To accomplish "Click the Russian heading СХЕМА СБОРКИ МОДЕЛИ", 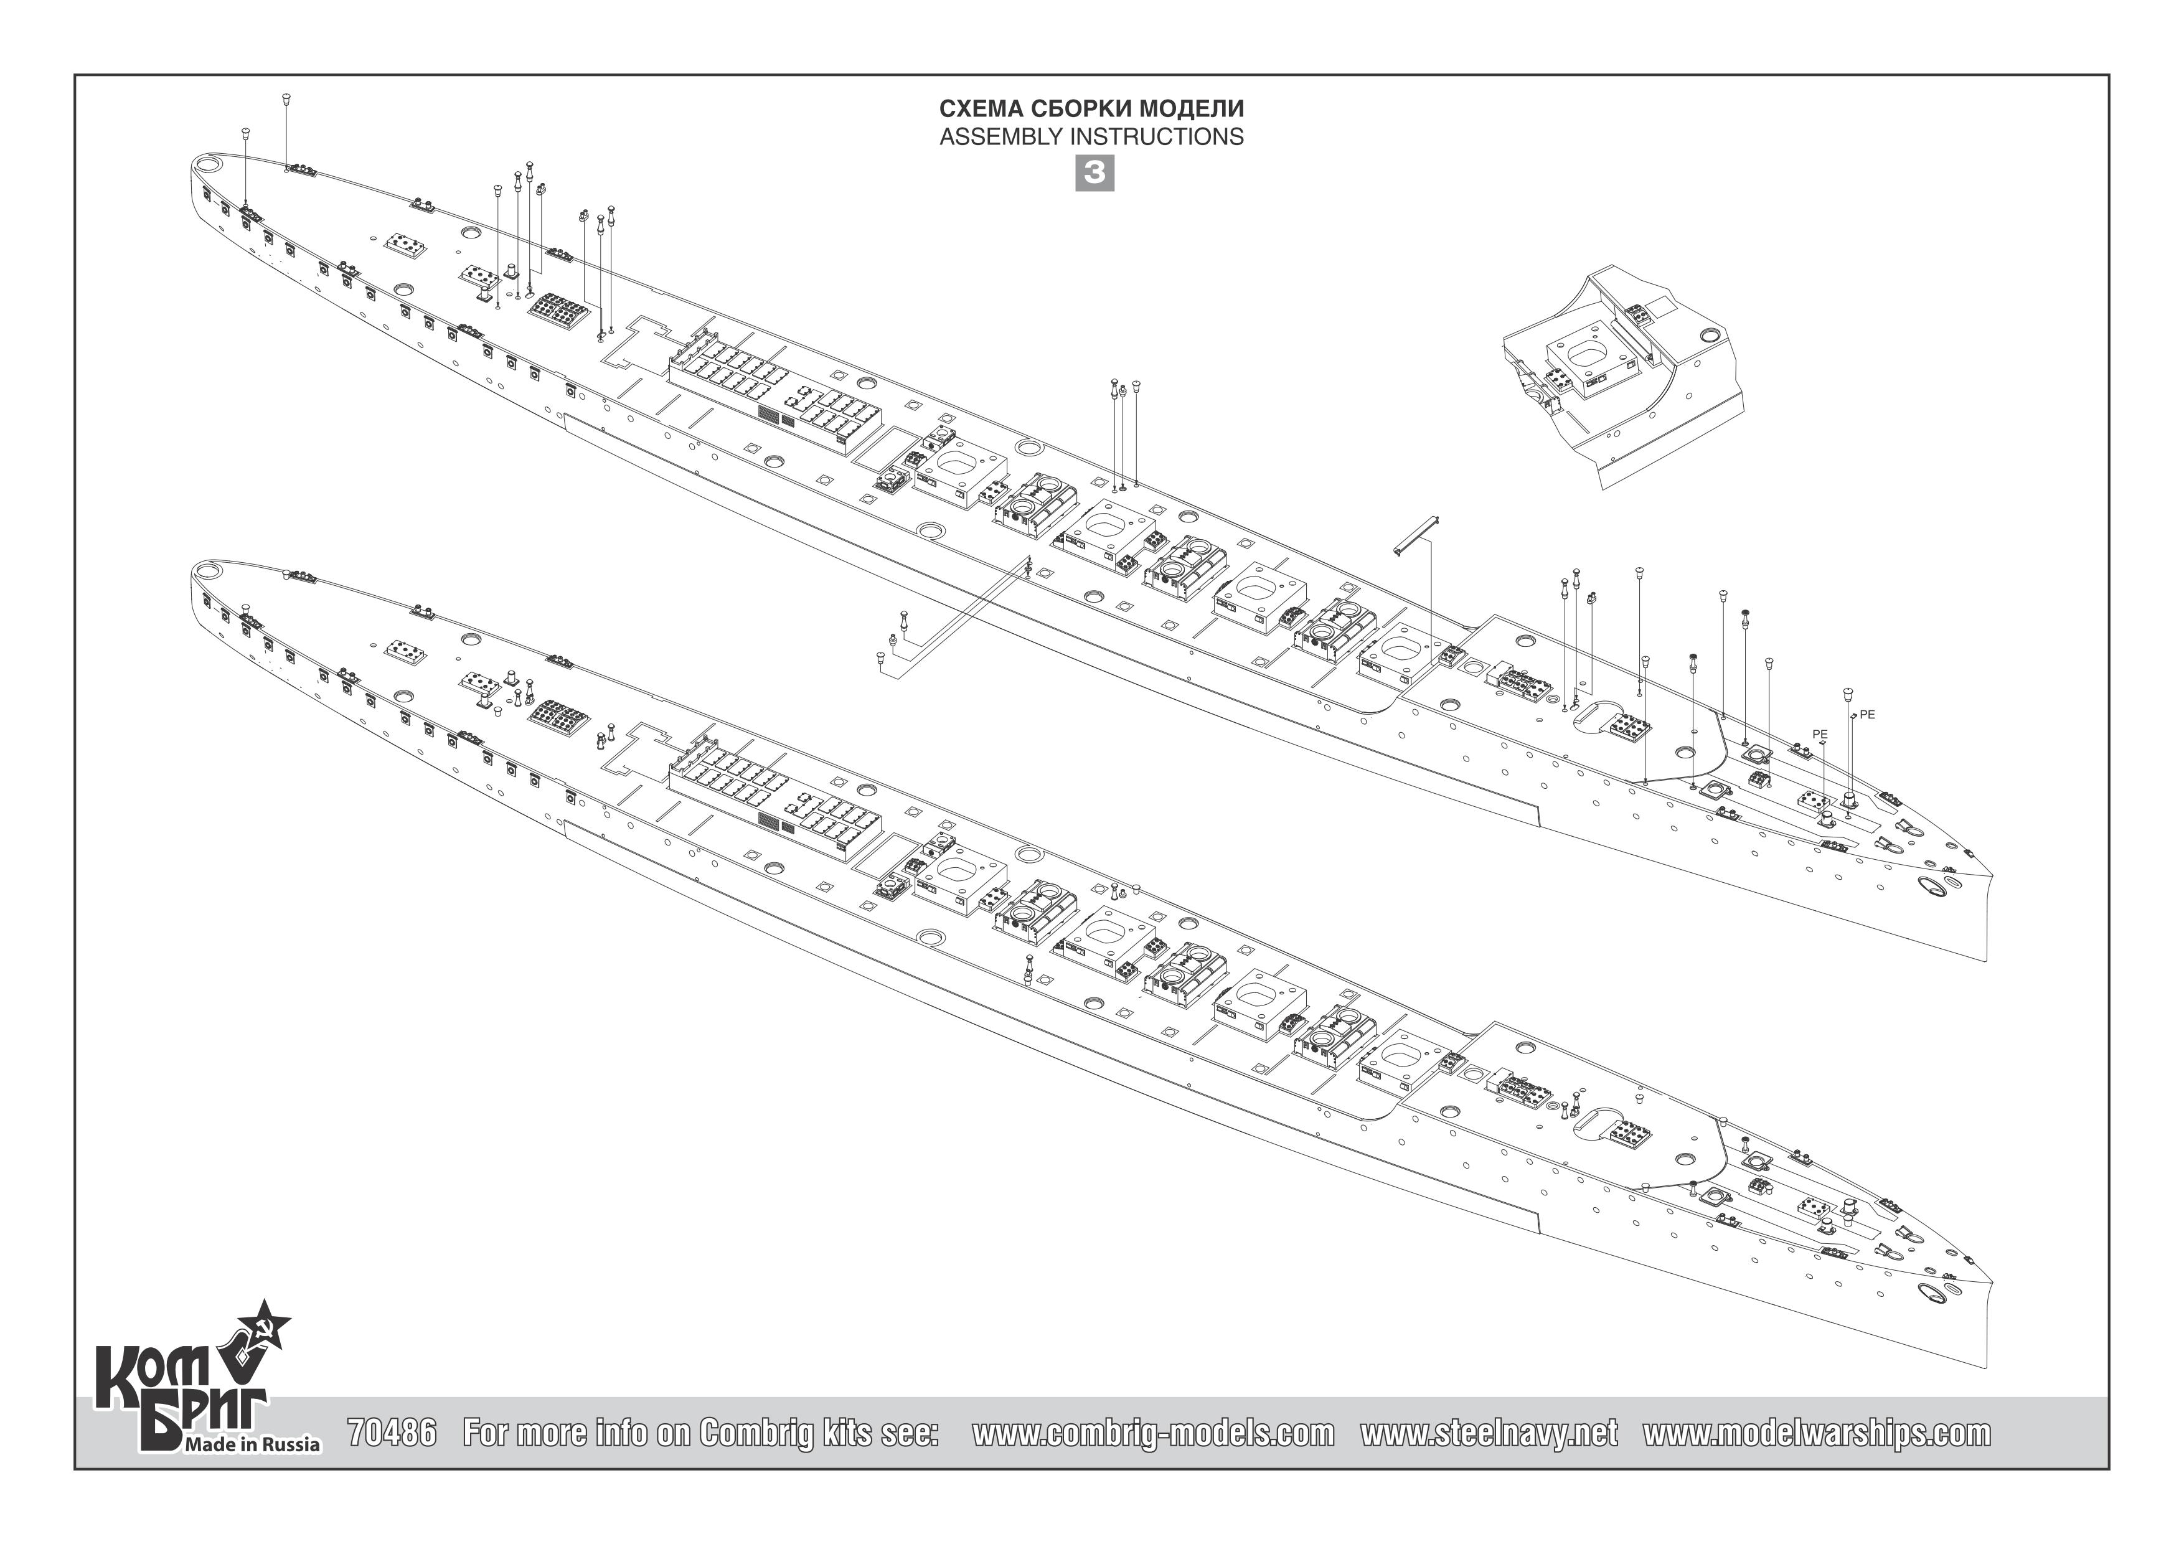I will [1091, 108].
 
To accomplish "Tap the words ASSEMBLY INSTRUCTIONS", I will [1091, 137].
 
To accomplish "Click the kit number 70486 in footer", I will [392, 1433].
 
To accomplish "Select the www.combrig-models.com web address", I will [1153, 1433].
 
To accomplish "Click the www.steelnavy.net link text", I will [1488, 1433].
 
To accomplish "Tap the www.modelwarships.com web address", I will [1816, 1433].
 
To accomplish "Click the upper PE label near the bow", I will [1867, 715].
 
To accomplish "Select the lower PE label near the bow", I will [1820, 735].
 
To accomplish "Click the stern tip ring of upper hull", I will [209, 164].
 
